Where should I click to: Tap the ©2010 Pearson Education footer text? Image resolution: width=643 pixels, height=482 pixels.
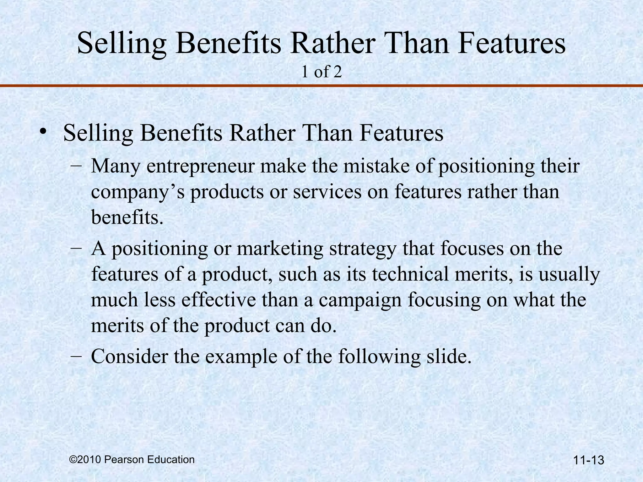point(132,460)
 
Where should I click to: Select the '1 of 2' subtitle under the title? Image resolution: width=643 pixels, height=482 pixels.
point(321,72)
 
